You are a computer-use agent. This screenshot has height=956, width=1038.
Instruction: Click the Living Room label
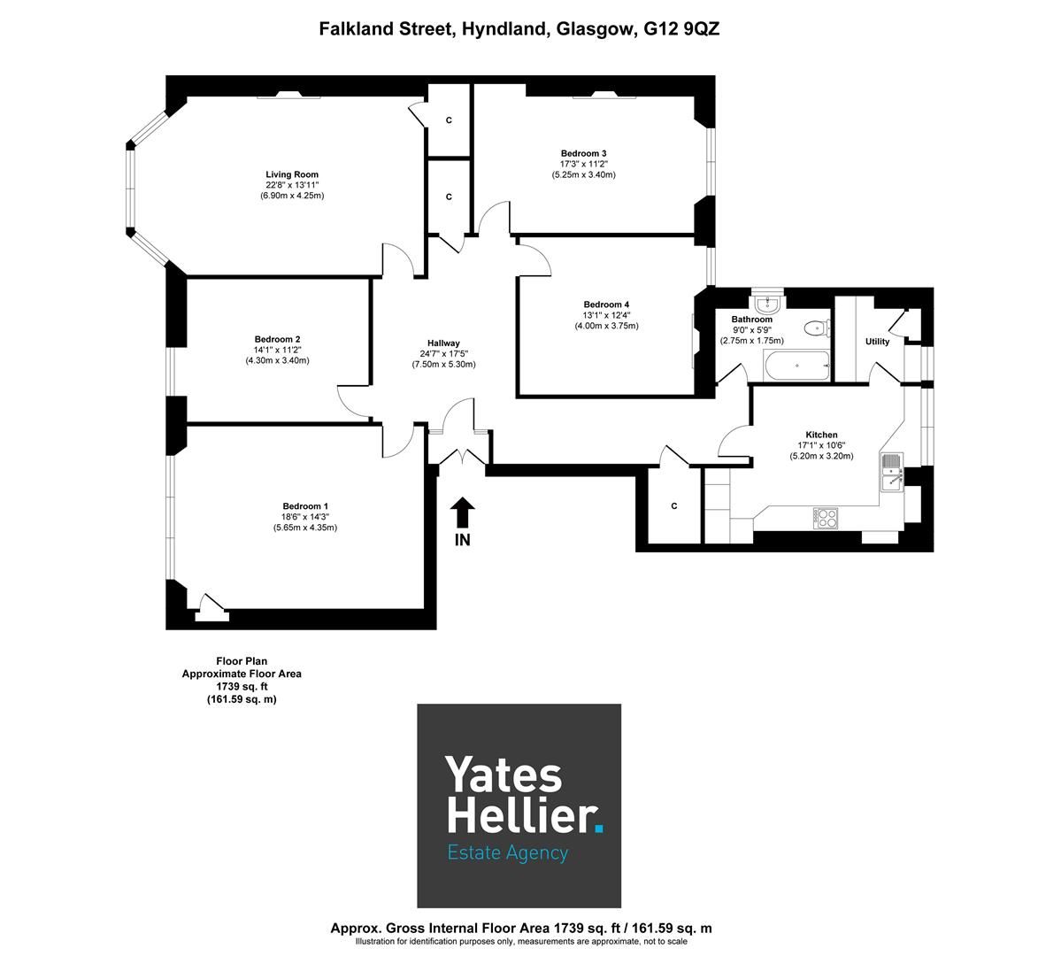coord(292,174)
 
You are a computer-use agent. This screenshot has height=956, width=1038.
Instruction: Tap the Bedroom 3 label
coord(583,153)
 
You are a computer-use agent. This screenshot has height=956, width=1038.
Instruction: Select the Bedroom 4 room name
coord(606,305)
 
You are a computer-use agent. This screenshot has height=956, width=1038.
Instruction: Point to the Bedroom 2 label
coord(277,339)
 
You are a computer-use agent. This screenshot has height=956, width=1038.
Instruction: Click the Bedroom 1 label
coord(305,506)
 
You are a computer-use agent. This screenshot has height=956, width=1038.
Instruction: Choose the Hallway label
coord(443,343)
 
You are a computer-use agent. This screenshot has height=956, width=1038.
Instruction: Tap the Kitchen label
coord(821,435)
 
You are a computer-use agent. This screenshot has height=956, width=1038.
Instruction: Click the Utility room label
coord(877,342)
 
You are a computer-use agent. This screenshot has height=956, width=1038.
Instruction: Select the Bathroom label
coord(752,320)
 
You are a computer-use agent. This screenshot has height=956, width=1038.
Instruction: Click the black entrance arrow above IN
coord(463,513)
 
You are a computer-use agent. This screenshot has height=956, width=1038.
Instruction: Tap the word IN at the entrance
coord(463,540)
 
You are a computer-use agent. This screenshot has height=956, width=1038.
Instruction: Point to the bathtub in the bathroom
coord(796,365)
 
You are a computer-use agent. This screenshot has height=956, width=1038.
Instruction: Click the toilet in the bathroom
coord(815,328)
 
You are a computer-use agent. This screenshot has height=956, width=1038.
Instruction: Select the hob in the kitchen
coord(826,517)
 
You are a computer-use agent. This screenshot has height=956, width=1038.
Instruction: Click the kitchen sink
coord(890,472)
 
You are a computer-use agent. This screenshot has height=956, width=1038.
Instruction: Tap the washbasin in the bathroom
coord(765,302)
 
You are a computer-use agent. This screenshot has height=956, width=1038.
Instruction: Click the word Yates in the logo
coord(503,775)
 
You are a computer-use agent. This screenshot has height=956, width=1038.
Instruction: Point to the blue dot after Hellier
coord(599,829)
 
